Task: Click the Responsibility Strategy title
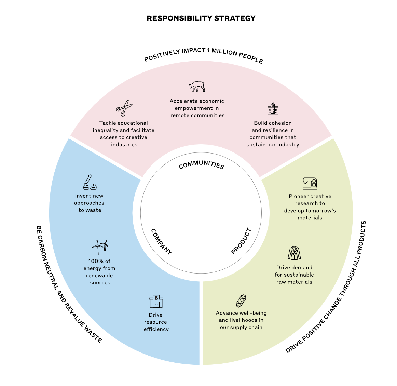click(x=201, y=18)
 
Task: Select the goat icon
click(x=197, y=86)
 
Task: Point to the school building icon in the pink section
click(x=273, y=108)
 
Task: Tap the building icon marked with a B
click(x=156, y=301)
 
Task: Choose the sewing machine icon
click(x=310, y=184)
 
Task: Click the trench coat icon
click(x=294, y=253)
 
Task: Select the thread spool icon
click(x=241, y=301)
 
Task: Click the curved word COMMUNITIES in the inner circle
click(x=202, y=164)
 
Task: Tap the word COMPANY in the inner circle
click(x=161, y=241)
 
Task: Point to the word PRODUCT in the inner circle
click(x=241, y=241)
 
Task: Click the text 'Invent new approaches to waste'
click(x=89, y=203)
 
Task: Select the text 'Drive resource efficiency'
click(x=156, y=322)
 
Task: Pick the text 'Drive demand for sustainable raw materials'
click(x=294, y=275)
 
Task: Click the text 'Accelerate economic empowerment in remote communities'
click(x=197, y=108)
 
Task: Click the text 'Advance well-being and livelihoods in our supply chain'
click(x=241, y=320)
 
